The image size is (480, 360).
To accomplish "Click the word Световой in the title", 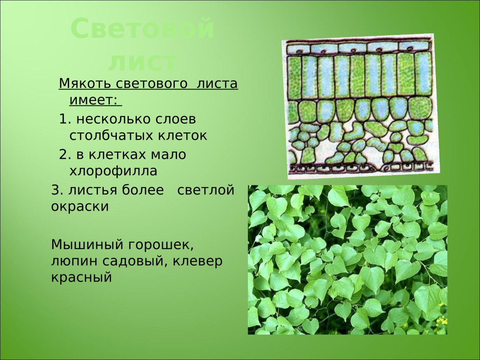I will (142, 29).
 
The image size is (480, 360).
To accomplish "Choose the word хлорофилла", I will (113, 171).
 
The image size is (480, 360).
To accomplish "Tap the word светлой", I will (205, 190).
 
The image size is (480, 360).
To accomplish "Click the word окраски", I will (80, 206).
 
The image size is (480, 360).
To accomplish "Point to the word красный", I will (81, 277).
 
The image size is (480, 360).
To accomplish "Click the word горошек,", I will (157, 244).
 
